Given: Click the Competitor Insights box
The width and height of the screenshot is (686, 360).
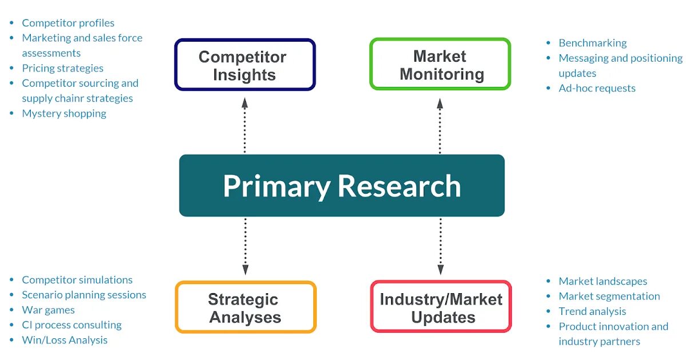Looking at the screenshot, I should [x=245, y=65].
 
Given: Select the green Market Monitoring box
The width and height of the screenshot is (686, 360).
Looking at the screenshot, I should [x=440, y=65].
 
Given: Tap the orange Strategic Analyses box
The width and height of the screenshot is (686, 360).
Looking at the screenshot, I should [x=245, y=307].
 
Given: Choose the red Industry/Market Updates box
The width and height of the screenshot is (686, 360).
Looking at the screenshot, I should [x=441, y=307].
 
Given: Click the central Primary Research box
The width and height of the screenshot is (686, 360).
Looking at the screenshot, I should [x=342, y=186].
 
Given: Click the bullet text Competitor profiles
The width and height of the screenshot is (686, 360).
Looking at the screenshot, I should [x=68, y=23].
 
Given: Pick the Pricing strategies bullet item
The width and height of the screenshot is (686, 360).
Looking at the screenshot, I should [x=63, y=68].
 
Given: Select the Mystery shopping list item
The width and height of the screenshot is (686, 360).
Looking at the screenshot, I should [x=64, y=113].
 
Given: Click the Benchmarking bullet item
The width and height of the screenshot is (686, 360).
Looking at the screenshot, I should [x=592, y=43].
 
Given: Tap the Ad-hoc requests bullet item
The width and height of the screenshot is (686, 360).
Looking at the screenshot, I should [x=597, y=88].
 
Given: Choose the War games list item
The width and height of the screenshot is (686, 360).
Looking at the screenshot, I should [x=48, y=310].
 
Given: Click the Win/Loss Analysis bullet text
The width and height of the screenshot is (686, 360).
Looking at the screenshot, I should [x=65, y=340].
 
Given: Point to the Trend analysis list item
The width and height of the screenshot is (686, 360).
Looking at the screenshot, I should [x=592, y=311].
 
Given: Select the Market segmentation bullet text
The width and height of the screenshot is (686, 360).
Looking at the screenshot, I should [x=609, y=296].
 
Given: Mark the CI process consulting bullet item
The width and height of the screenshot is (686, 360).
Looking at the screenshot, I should [x=71, y=325].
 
